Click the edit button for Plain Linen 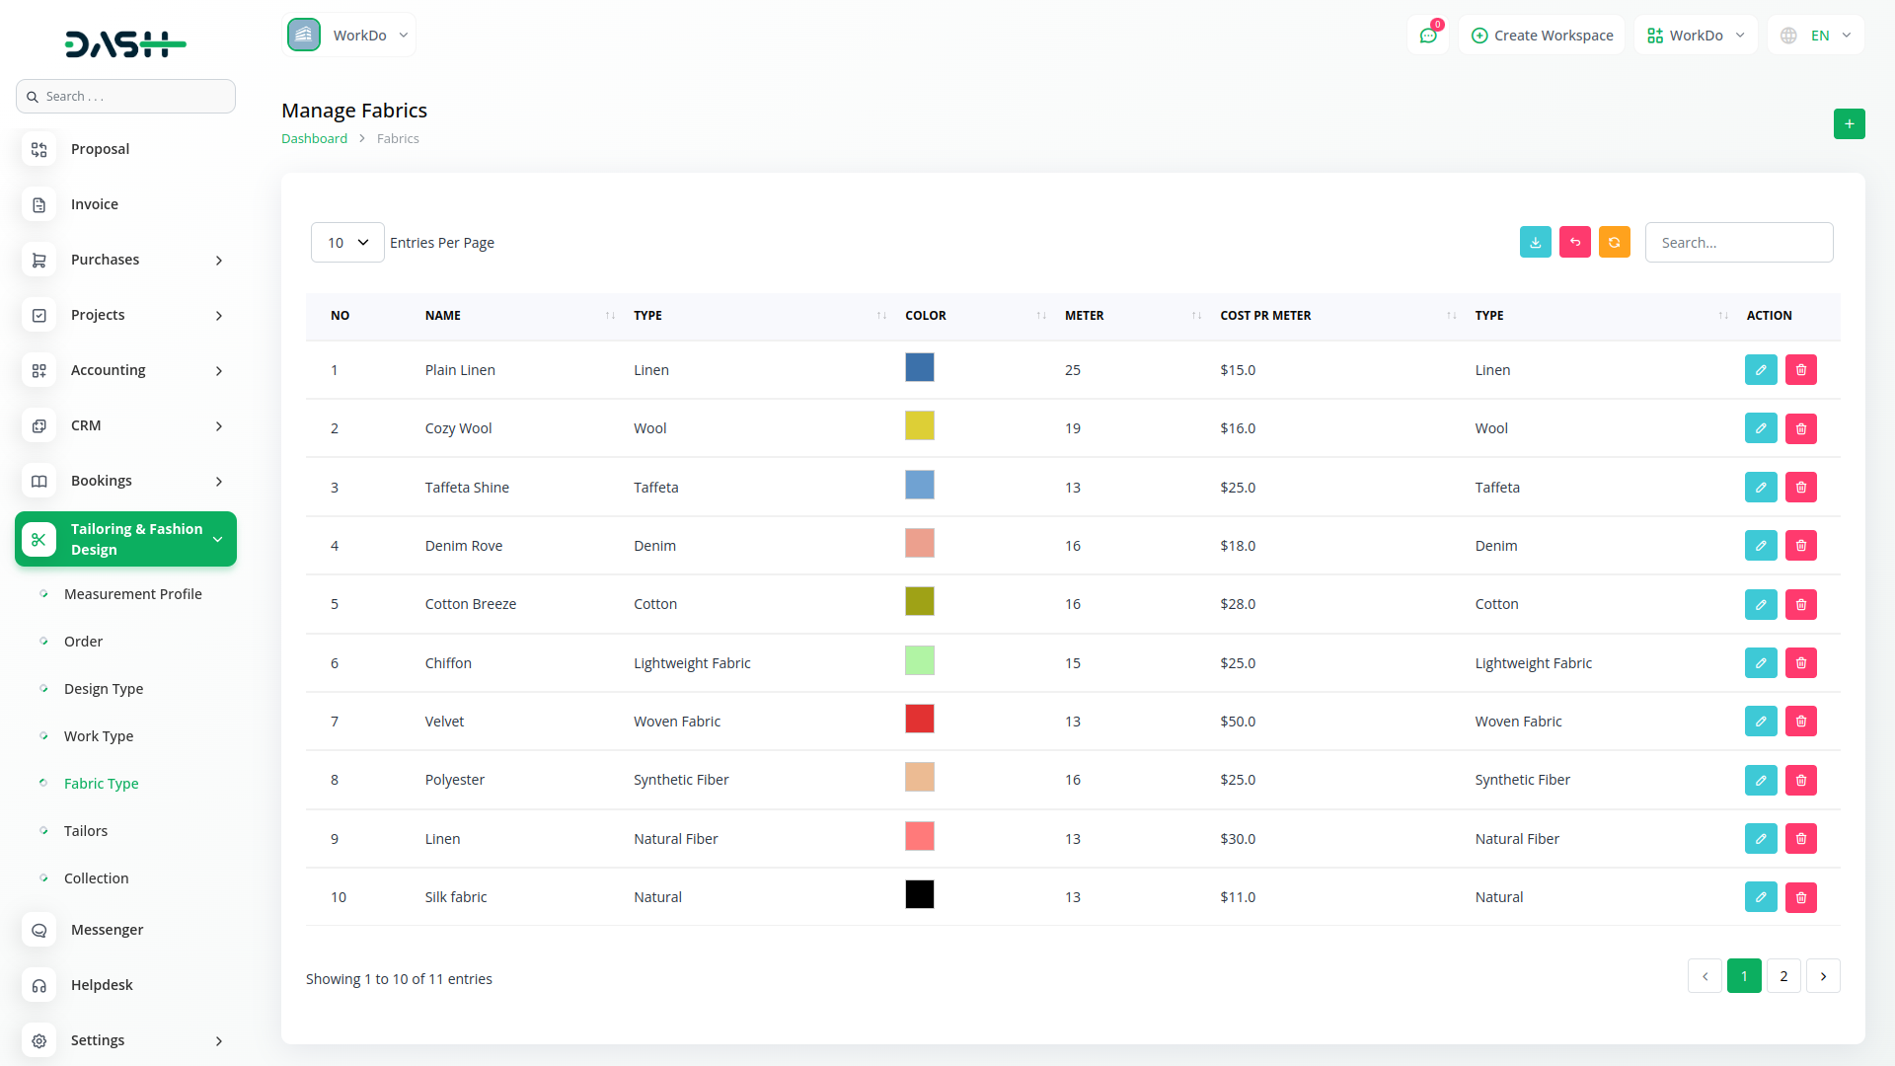point(1761,370)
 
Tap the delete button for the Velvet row point(1801,722)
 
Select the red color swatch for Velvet point(919,720)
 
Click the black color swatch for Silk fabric point(919,895)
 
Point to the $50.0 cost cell point(1238,722)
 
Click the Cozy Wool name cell point(458,428)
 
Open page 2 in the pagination point(1783,976)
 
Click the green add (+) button point(1849,124)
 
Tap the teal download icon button point(1535,243)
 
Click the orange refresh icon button point(1614,243)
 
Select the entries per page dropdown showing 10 point(347,243)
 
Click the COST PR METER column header point(1265,316)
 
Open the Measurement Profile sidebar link point(132,594)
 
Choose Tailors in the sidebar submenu point(86,831)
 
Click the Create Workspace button point(1542,36)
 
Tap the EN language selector point(1817,36)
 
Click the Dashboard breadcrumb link point(314,139)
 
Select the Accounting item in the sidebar point(109,370)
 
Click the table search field point(1738,243)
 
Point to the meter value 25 point(1073,370)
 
